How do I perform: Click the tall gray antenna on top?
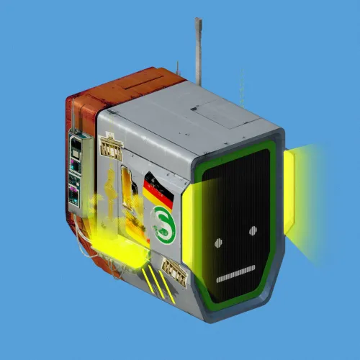[x=199, y=52]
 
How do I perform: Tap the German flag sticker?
[x=158, y=191]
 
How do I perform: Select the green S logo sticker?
[x=163, y=225]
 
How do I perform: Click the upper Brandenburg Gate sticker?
[x=111, y=146]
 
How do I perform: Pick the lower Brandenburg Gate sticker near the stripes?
[x=174, y=272]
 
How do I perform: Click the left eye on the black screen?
[x=218, y=243]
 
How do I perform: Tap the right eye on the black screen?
[x=253, y=230]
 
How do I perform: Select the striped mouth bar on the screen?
[x=236, y=274]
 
